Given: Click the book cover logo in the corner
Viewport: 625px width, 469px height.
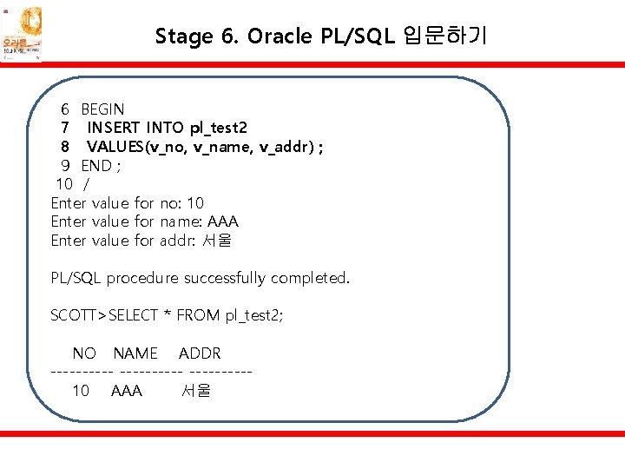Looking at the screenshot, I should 21,35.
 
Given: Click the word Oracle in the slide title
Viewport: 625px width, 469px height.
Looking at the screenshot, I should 278,36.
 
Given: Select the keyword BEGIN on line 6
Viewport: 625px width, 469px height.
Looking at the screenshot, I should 102,109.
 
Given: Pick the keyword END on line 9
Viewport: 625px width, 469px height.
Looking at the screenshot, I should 96,166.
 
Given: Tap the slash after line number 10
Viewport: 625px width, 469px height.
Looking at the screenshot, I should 85,184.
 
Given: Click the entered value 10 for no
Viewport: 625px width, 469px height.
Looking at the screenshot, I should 195,203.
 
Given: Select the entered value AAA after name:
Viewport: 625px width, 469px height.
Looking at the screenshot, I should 222,221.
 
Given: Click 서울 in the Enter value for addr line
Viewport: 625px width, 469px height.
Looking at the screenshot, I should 217,241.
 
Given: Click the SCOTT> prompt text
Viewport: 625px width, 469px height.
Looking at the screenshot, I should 79,315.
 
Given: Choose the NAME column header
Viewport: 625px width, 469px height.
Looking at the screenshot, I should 135,353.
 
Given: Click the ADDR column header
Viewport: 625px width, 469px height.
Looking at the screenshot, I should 200,353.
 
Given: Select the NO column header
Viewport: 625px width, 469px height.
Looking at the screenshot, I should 84,353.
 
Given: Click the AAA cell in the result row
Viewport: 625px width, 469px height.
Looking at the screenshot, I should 127,391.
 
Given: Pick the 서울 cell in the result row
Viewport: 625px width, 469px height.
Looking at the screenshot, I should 195,391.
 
